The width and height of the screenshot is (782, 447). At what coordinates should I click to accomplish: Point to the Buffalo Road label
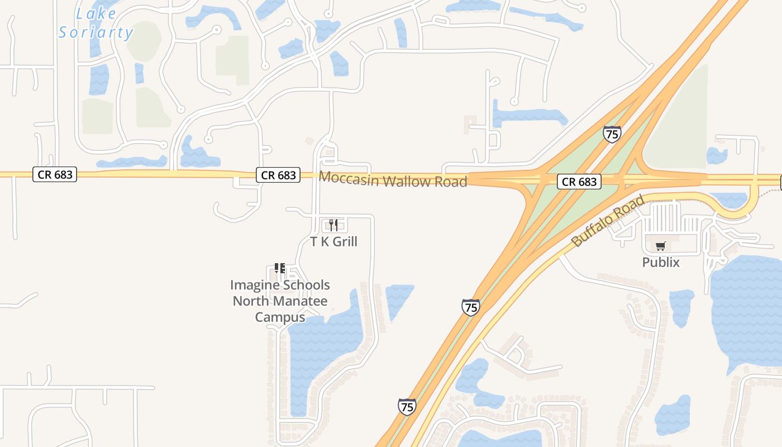point(608,220)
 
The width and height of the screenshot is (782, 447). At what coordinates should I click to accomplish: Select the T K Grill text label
point(333,241)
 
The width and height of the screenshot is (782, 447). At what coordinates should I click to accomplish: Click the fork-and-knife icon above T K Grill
point(333,225)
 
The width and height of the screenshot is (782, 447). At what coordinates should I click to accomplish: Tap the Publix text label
point(661,262)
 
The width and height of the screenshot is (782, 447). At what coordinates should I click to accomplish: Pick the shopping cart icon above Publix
point(661,246)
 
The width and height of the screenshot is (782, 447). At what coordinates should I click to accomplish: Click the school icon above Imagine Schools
point(280,268)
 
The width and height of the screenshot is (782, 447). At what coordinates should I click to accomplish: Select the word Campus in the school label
point(280,317)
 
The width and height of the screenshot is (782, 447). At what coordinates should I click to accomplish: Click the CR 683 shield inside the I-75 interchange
point(579,182)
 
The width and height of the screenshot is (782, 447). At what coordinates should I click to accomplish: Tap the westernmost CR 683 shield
point(55,174)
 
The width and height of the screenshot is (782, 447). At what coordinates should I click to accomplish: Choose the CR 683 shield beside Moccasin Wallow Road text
point(278,175)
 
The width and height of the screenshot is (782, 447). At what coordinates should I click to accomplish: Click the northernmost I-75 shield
point(612,134)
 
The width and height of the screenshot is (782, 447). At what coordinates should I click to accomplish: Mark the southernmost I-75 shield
point(407,407)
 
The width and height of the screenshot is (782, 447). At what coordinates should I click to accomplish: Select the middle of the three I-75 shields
point(471,307)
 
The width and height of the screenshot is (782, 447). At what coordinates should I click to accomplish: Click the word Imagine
point(254,285)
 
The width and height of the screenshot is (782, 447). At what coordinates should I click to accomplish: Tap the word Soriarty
point(96,32)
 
